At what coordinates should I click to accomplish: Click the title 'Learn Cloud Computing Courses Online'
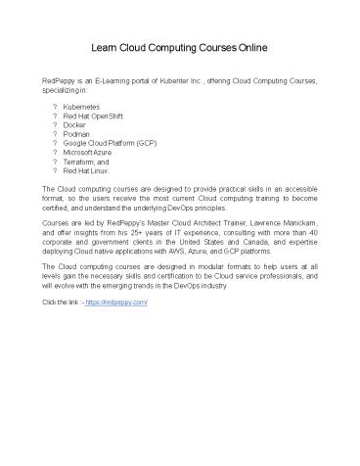pyautogui.click(x=180, y=46)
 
